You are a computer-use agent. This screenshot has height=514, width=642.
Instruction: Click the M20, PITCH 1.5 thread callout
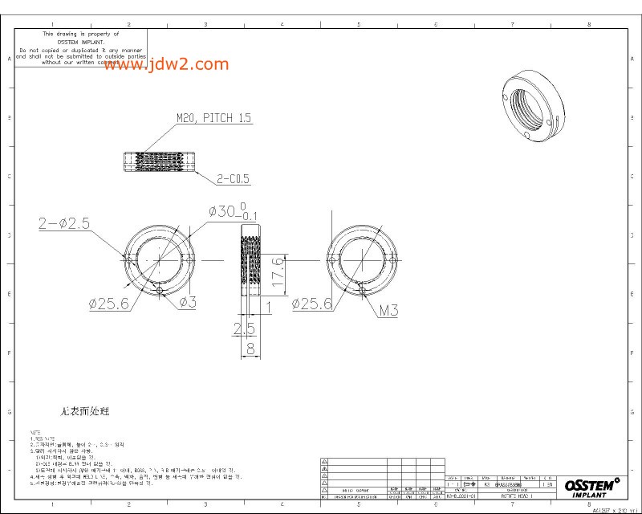[x=214, y=118]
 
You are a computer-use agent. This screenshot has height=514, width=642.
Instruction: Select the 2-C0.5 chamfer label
[x=233, y=178]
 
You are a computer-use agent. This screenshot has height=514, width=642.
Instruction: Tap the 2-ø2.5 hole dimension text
[x=63, y=224]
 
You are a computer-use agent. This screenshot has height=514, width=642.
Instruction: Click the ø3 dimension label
[x=188, y=302]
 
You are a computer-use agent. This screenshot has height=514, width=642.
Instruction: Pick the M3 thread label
[x=389, y=310]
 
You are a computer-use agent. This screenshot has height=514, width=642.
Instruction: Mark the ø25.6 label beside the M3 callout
[x=312, y=304]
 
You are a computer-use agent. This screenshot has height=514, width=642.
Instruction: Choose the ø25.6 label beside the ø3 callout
[x=109, y=304]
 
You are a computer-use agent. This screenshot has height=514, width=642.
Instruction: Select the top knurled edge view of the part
[x=159, y=161]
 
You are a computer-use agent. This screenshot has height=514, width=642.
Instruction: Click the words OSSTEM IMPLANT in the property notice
[x=80, y=42]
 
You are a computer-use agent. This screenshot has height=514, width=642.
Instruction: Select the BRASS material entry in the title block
[x=509, y=485]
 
